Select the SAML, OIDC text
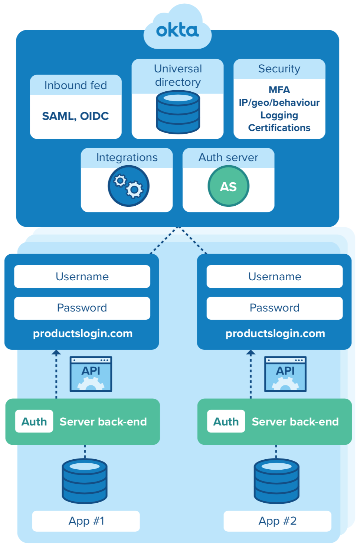pos(75,116)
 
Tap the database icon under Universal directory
pos(178,112)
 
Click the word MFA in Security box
pos(279,90)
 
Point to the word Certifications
pos(279,128)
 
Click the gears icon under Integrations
pos(128,186)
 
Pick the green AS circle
pos(228,186)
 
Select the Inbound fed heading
pos(75,85)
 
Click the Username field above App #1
pos(82,277)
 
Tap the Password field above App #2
pos(274,308)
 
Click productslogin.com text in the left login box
pos(83,333)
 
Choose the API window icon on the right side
pos(285,374)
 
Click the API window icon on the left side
pos(91,374)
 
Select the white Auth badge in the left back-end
pos(34,421)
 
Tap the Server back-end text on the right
pos(295,422)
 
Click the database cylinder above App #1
pos(85,481)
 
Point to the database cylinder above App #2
pos(276,481)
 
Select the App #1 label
pos(86,521)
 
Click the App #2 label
pos(277,521)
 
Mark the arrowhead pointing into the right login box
pos(251,352)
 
